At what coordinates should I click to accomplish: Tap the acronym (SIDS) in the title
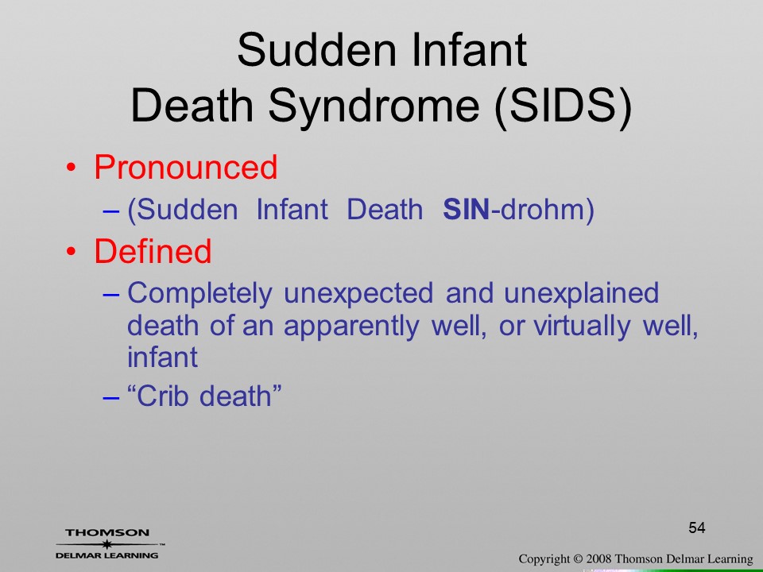click(x=563, y=106)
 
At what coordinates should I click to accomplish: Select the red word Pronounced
click(x=185, y=167)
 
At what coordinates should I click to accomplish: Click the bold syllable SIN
click(x=466, y=210)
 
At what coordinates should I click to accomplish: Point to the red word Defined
click(x=153, y=252)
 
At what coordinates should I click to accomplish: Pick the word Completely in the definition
click(x=199, y=294)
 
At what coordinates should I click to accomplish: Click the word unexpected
click(x=358, y=294)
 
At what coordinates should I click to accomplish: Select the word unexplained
click(x=581, y=294)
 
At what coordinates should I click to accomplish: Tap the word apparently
click(x=351, y=327)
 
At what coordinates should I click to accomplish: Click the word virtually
click(x=583, y=326)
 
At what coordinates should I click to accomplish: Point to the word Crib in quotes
click(x=162, y=396)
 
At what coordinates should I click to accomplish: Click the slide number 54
click(x=697, y=528)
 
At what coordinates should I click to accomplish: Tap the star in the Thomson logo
click(x=107, y=543)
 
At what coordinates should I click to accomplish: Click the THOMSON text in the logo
click(x=107, y=532)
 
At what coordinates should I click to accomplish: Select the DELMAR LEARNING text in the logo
click(x=107, y=555)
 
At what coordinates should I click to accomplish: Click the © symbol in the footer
click(x=578, y=559)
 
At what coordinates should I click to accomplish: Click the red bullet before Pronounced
click(x=71, y=168)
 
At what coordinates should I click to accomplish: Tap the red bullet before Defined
click(x=71, y=252)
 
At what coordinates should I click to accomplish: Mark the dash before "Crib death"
click(x=111, y=397)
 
